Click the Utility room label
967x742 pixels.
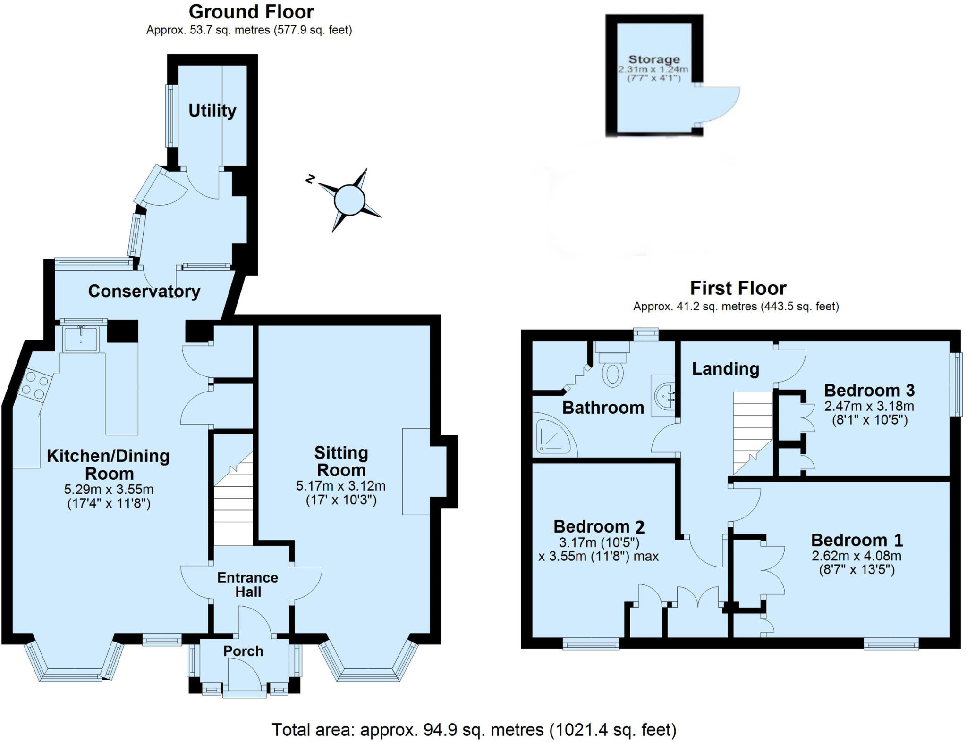(x=212, y=110)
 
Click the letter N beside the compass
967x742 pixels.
(x=310, y=179)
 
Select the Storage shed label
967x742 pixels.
(x=654, y=59)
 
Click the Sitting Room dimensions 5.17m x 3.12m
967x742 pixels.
(x=340, y=485)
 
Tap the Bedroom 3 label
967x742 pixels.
(x=869, y=391)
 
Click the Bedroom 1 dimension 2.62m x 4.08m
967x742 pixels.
(x=857, y=556)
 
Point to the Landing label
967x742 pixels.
(x=725, y=369)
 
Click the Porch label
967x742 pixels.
(x=243, y=651)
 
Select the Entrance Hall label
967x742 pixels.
(x=247, y=584)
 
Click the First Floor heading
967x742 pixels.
(x=738, y=288)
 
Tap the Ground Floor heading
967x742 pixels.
(x=251, y=12)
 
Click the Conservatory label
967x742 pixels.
(x=144, y=291)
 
